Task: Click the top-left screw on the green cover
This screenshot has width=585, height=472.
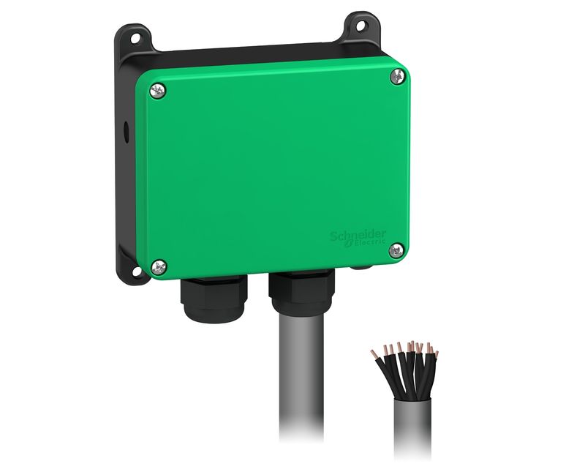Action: coord(158,91)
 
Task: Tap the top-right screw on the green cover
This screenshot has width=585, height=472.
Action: coord(398,77)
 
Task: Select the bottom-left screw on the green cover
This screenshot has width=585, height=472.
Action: coord(159,267)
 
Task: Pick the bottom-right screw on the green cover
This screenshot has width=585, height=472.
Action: coord(396,250)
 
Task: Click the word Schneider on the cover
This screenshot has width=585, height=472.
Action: coord(358,235)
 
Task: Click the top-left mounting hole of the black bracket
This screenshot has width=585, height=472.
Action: coord(135,38)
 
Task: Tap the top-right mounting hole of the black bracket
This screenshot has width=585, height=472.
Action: coord(361,26)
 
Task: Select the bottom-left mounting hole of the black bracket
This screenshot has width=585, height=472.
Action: coord(137,271)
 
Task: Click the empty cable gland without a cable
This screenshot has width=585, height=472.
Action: coord(214,299)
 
